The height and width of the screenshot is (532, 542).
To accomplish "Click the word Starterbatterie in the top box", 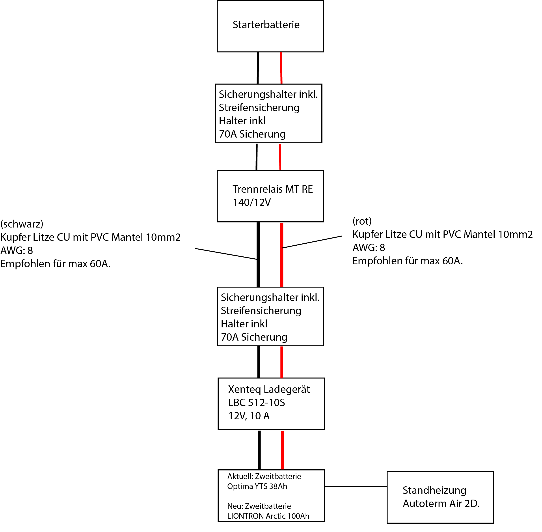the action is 266,25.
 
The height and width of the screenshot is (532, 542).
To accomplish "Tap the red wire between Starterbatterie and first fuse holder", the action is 281,68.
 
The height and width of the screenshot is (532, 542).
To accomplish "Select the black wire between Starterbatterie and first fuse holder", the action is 258,68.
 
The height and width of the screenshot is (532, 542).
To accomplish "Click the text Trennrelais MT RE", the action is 273,189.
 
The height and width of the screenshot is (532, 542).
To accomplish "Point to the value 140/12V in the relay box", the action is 252,203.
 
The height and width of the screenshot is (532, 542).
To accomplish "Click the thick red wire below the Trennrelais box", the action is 281,255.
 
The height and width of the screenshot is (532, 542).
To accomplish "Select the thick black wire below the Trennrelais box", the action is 258,255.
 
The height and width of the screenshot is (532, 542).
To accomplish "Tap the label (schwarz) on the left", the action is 22,224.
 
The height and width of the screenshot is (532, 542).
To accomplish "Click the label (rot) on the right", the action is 362,221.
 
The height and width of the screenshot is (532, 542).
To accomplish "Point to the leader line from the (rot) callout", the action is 312,242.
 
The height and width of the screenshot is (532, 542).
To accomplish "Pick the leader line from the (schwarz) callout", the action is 226,254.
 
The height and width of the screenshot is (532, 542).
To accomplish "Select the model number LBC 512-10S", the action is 257,403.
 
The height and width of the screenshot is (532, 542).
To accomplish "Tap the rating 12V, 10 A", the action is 249,416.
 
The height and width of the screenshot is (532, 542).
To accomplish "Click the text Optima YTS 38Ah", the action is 257,486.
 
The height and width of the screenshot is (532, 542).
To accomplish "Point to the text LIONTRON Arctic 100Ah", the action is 268,516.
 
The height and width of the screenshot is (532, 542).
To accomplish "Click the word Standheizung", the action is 434,490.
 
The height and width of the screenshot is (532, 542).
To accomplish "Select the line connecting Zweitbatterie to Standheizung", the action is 356,486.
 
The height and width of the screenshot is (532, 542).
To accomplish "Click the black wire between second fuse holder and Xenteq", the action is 258,362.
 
